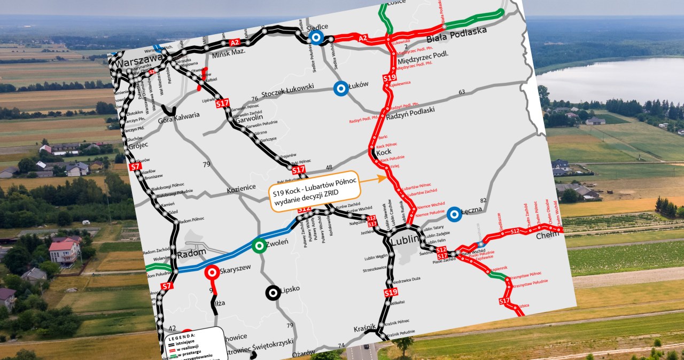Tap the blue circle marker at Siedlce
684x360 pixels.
(x=316, y=37)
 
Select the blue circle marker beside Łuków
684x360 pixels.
(x=340, y=89)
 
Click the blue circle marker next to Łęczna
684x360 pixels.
(x=454, y=214)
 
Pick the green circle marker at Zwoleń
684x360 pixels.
(x=260, y=245)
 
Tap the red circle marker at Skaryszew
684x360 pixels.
(x=212, y=272)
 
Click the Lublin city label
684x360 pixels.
(x=405, y=240)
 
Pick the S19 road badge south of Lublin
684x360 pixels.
(x=391, y=293)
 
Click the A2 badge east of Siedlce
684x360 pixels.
(x=363, y=38)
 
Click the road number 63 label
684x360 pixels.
(x=462, y=92)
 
